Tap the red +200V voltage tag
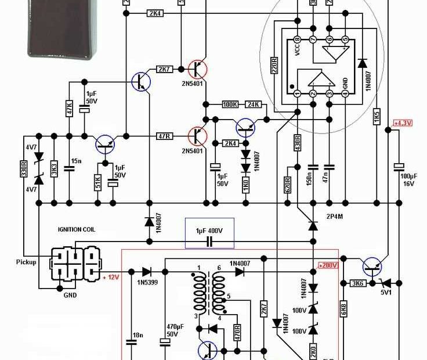click(x=328, y=265)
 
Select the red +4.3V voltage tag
click(x=402, y=123)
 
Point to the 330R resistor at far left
click(x=24, y=170)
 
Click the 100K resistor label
click(x=230, y=105)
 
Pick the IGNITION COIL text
click(x=77, y=230)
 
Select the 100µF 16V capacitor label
click(x=408, y=179)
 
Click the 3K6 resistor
click(x=357, y=283)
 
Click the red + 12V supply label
click(x=111, y=278)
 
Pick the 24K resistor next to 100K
click(x=254, y=105)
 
